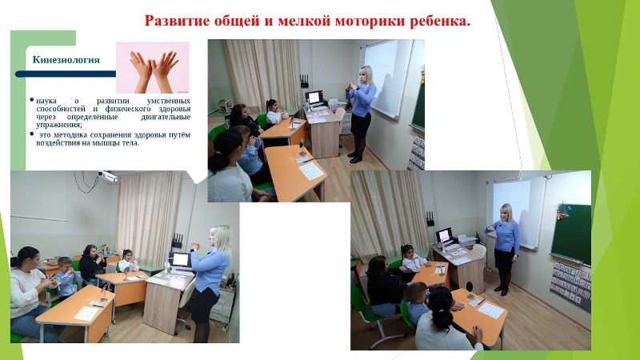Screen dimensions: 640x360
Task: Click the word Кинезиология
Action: point(66,60)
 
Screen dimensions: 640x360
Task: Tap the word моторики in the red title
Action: point(369,20)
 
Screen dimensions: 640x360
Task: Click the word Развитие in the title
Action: point(177,21)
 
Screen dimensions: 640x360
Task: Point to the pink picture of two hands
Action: point(153,67)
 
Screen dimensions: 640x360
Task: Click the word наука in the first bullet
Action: point(46,101)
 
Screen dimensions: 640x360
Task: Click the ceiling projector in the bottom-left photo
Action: point(108,176)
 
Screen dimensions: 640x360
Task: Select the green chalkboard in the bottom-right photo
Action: point(571,234)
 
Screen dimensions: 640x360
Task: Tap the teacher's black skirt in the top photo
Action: point(361,125)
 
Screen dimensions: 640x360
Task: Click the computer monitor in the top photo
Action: point(314,98)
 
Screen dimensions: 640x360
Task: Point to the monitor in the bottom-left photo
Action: point(180,259)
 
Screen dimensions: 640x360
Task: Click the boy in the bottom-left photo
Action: point(66,278)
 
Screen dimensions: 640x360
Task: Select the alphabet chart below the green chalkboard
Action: point(570,286)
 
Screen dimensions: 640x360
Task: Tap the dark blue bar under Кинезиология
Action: point(66,74)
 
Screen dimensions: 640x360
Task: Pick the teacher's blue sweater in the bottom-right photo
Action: point(505,235)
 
